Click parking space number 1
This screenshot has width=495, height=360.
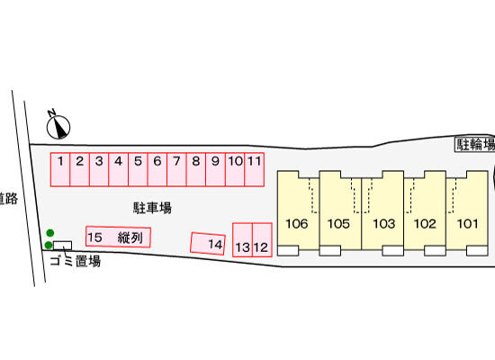point(60,169)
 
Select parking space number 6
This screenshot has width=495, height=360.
point(157,169)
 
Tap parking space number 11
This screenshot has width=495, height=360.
point(255,169)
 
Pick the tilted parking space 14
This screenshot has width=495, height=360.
point(208,244)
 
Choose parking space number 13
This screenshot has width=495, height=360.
point(242,239)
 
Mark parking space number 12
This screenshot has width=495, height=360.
point(262,239)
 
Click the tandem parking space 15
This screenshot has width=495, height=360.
point(118,237)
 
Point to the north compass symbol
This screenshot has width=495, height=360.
point(58,125)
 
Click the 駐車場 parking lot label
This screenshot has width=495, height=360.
point(152,208)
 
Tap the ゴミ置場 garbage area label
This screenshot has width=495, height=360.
point(76,261)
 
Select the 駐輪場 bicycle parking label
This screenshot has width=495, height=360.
point(475,144)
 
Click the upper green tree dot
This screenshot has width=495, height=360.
point(50,233)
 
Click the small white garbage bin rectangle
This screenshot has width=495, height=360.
point(62,246)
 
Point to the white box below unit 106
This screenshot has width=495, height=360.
point(288,250)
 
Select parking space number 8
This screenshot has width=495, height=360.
point(196,169)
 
